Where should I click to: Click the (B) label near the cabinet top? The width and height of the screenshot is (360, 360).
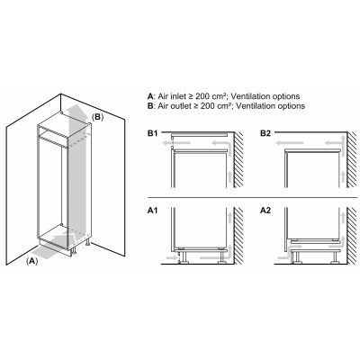coord(98,117)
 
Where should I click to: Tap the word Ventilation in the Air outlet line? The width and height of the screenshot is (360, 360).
coord(251,105)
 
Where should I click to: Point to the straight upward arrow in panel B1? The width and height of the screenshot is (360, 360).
coord(229,171)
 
